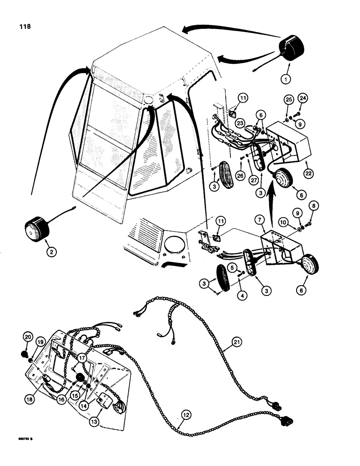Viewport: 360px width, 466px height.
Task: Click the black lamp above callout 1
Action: coord(291,50)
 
